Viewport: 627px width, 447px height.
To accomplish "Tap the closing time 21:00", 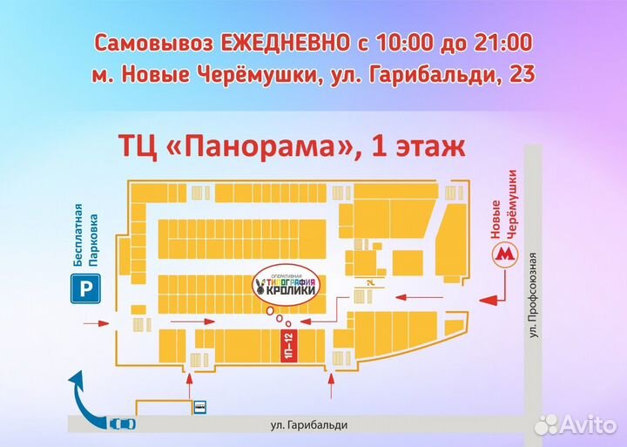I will coord(503,43).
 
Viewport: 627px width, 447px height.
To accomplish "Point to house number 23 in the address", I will coord(522,76).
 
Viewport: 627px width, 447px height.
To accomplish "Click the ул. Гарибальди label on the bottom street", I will coord(309,424).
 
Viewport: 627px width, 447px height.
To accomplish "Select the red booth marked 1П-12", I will coord(288,347).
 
